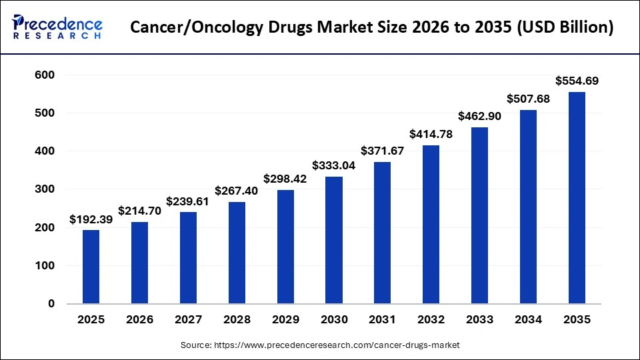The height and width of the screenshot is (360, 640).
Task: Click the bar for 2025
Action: pyautogui.click(x=91, y=267)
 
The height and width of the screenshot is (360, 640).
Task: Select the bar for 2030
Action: pyautogui.click(x=334, y=240)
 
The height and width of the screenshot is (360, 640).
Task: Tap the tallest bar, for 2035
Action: pyautogui.click(x=577, y=198)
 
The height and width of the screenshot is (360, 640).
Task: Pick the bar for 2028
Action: pyautogui.click(x=237, y=253)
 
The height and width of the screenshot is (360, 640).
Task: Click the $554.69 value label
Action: pyautogui.click(x=577, y=81)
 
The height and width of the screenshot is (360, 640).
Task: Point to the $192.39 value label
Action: pyautogui.click(x=91, y=219)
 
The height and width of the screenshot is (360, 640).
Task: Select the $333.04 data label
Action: pyautogui.click(x=334, y=165)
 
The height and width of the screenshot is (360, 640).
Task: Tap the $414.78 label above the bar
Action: pyautogui.click(x=431, y=134)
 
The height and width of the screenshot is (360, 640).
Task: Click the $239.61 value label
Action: pyautogui.click(x=188, y=201)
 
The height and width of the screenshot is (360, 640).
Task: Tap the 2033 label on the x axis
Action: pyautogui.click(x=480, y=320)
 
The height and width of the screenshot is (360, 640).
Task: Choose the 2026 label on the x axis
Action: pyautogui.click(x=139, y=320)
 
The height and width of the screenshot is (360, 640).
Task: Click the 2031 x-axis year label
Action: pyautogui.click(x=383, y=320)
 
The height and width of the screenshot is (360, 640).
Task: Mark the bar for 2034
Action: pyautogui.click(x=528, y=207)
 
